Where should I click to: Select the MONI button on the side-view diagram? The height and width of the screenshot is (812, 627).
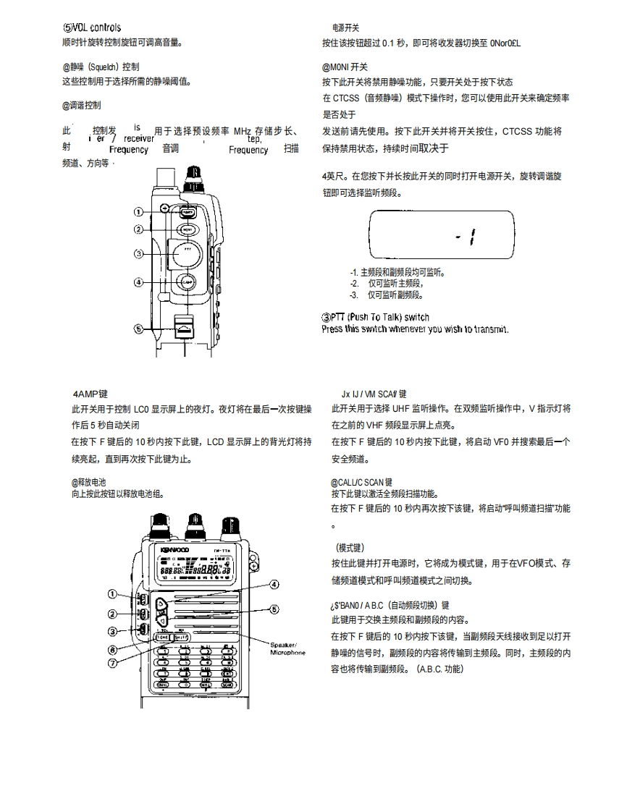click(186, 229)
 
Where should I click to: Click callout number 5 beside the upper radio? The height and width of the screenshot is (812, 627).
click(138, 328)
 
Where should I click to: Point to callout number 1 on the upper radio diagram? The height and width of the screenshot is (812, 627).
click(138, 212)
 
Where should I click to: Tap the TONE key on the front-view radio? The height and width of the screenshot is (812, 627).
click(163, 638)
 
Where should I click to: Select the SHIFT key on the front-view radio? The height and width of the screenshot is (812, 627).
click(181, 638)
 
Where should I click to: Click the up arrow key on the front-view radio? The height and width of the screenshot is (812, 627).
click(162, 604)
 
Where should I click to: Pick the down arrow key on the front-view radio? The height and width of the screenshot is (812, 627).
click(162, 620)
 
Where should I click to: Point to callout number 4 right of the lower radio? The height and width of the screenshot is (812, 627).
click(274, 585)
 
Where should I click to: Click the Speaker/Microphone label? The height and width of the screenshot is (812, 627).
click(287, 648)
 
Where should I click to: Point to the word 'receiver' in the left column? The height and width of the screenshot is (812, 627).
click(138, 138)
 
